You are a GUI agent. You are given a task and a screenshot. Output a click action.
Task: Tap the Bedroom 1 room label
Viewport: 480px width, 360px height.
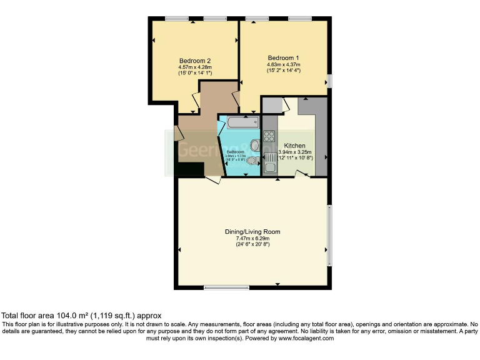pyautogui.click(x=283, y=57)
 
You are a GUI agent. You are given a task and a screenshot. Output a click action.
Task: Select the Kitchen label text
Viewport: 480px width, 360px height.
pyautogui.click(x=294, y=145)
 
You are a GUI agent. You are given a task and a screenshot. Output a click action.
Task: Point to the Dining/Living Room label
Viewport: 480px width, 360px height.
pyautogui.click(x=252, y=231)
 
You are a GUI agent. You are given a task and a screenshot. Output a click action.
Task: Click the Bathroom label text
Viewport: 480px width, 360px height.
pyautogui.click(x=235, y=152)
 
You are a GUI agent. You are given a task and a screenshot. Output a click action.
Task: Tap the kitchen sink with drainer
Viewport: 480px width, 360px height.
pyautogui.click(x=269, y=165)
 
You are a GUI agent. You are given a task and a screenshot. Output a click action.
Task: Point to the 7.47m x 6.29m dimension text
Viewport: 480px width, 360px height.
pyautogui.click(x=252, y=238)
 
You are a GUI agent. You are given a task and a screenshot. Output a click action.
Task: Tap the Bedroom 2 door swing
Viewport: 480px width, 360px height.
pyautogui.click(x=195, y=98)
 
